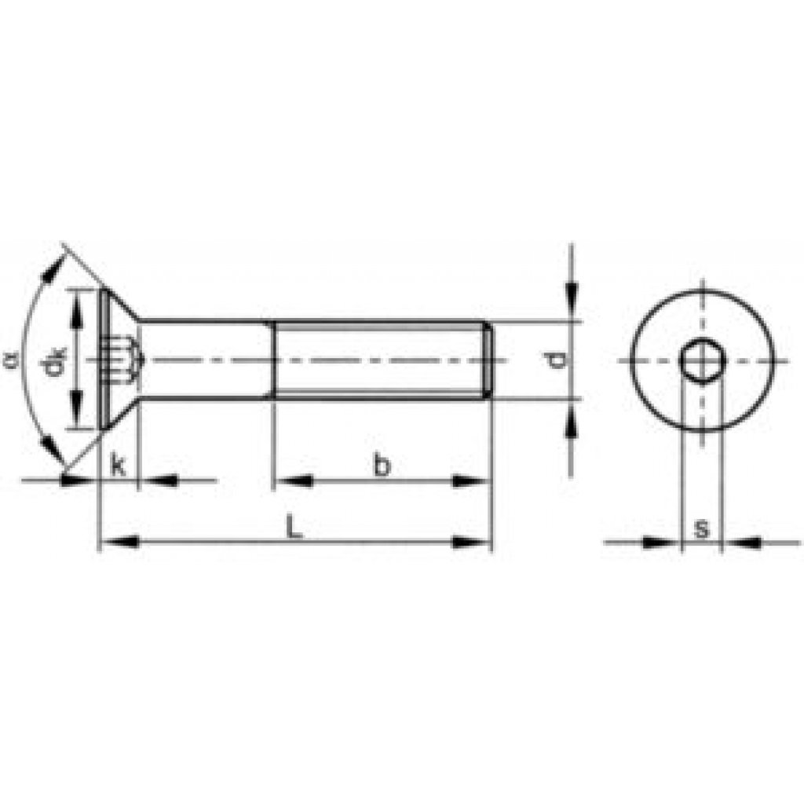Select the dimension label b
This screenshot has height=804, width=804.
(x=382, y=465)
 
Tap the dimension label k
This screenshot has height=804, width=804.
(x=118, y=465)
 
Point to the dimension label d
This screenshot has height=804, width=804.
(x=557, y=360)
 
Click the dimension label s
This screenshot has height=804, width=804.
(x=701, y=528)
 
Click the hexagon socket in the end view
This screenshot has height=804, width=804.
(x=700, y=361)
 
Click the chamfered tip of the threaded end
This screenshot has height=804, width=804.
(x=488, y=360)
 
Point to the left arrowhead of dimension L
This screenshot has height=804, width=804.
(x=121, y=542)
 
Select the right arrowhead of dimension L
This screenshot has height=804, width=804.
(x=471, y=542)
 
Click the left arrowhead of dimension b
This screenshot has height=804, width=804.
(x=295, y=481)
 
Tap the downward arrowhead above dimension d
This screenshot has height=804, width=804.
(x=572, y=302)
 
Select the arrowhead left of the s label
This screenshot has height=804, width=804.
(x=661, y=542)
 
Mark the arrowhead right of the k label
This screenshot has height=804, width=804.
(x=157, y=480)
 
